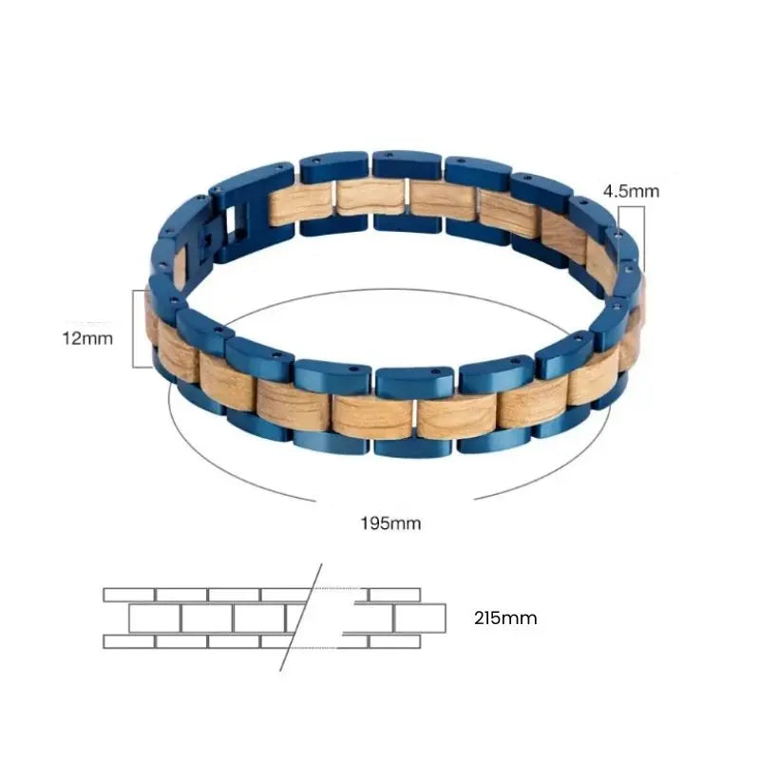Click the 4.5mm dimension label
[630, 191]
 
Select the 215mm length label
[505, 618]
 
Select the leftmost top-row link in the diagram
[129, 594]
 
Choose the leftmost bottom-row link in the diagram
[129, 642]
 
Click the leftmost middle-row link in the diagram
[155, 618]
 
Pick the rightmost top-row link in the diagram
[394, 594]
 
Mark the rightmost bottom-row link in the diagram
[394, 642]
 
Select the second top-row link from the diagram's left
[181, 594]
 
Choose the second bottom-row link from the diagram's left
[181, 642]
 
